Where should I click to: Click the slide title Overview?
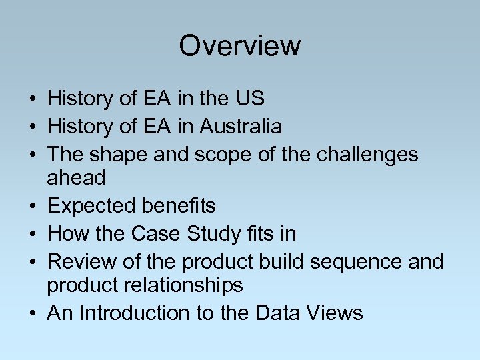click(x=240, y=46)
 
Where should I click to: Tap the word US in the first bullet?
click(x=249, y=99)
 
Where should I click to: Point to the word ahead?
click(x=77, y=178)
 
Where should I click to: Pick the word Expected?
click(x=91, y=207)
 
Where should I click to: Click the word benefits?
click(x=178, y=206)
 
